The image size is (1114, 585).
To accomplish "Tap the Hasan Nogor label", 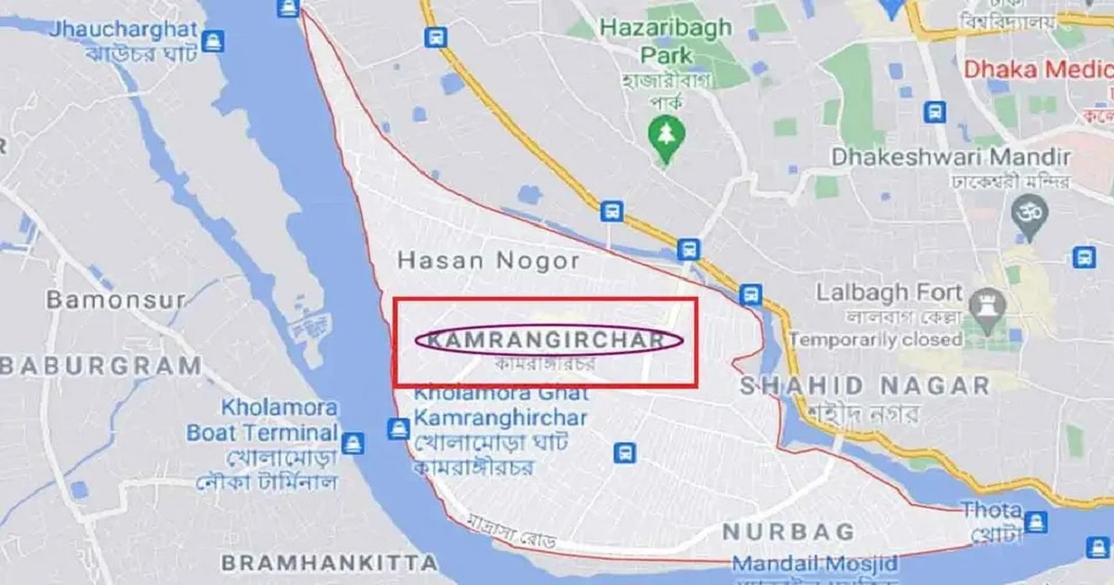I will point(488,261).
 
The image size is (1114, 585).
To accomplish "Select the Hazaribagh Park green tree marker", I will point(664,132).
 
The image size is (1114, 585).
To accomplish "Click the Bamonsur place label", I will point(115,300).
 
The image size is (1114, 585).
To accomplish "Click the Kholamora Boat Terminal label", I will point(262,420).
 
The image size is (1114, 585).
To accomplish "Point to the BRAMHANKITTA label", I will point(329,563).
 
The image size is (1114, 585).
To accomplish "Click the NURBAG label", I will point(787,532).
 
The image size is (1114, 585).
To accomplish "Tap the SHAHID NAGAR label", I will point(864,385).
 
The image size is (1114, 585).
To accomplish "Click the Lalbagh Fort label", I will point(888,293).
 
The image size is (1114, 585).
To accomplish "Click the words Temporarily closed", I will point(875,340).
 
